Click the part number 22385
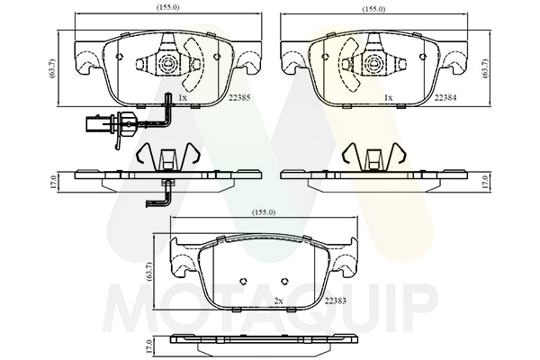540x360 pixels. coord(239,98)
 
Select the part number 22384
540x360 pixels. coord(445,98)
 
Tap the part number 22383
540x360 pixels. coord(336,301)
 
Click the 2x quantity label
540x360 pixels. coord(278,301)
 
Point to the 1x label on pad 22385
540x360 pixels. coord(182,98)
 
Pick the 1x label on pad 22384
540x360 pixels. coord(388,98)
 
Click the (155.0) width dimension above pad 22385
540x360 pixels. coord(168,7)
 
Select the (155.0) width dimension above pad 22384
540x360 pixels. coord(374,9)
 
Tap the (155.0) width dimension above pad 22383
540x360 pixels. coord(264,212)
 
